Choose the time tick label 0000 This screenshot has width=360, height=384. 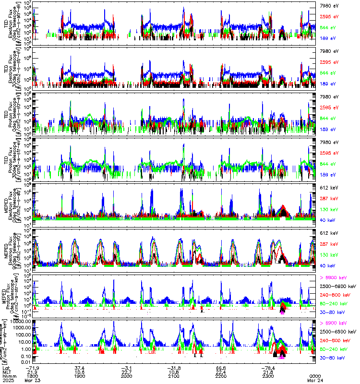click(x=314, y=377)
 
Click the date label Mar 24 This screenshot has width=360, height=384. click(x=314, y=381)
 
